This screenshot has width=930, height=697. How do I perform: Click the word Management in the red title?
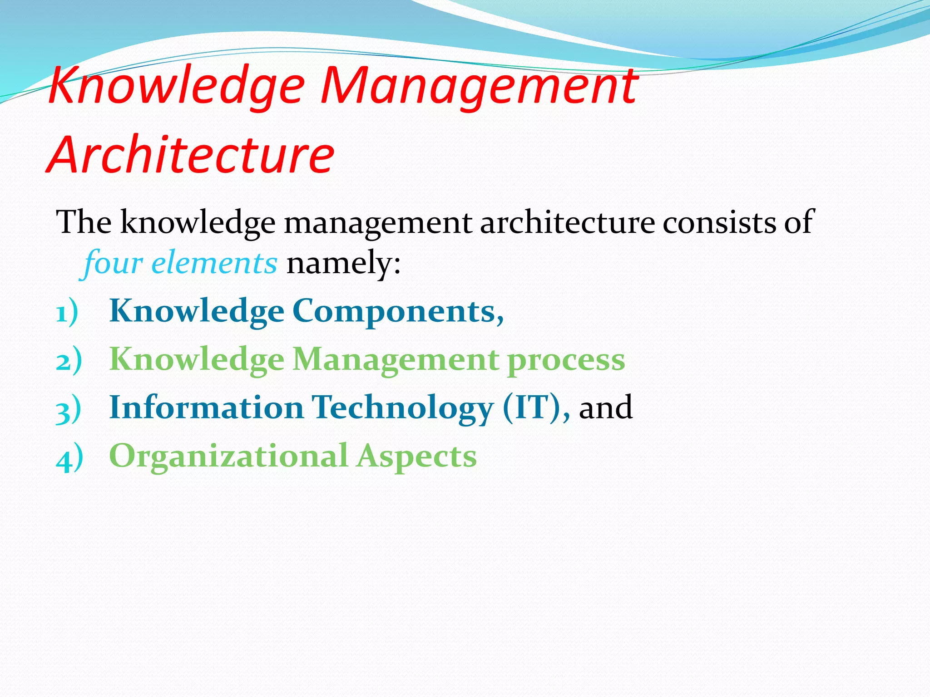[x=479, y=86]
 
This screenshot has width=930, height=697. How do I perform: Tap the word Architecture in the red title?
[x=191, y=155]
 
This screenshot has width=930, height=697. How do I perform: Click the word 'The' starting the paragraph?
[x=84, y=222]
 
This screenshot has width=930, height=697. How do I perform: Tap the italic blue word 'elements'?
[x=214, y=263]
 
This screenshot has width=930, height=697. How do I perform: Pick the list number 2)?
[x=69, y=361]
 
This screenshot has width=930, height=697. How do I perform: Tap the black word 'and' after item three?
[x=605, y=407]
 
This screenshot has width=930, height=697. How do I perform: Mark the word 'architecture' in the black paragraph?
[x=567, y=222]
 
